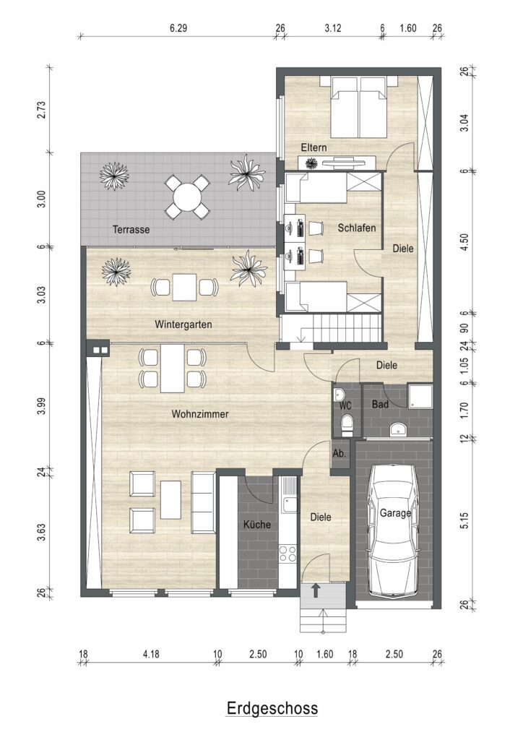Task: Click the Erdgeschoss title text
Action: (x=272, y=708)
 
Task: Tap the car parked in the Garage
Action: (x=394, y=530)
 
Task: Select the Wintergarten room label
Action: (x=183, y=324)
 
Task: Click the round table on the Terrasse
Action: (x=187, y=197)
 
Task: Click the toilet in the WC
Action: (x=347, y=425)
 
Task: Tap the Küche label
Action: (x=257, y=525)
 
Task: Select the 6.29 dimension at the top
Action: (x=178, y=28)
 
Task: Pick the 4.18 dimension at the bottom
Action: (x=151, y=654)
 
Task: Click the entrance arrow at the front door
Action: (x=316, y=590)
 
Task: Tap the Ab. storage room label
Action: (x=339, y=454)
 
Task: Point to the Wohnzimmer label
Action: (x=200, y=414)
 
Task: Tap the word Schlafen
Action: (x=357, y=228)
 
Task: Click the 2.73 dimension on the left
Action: (x=41, y=110)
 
